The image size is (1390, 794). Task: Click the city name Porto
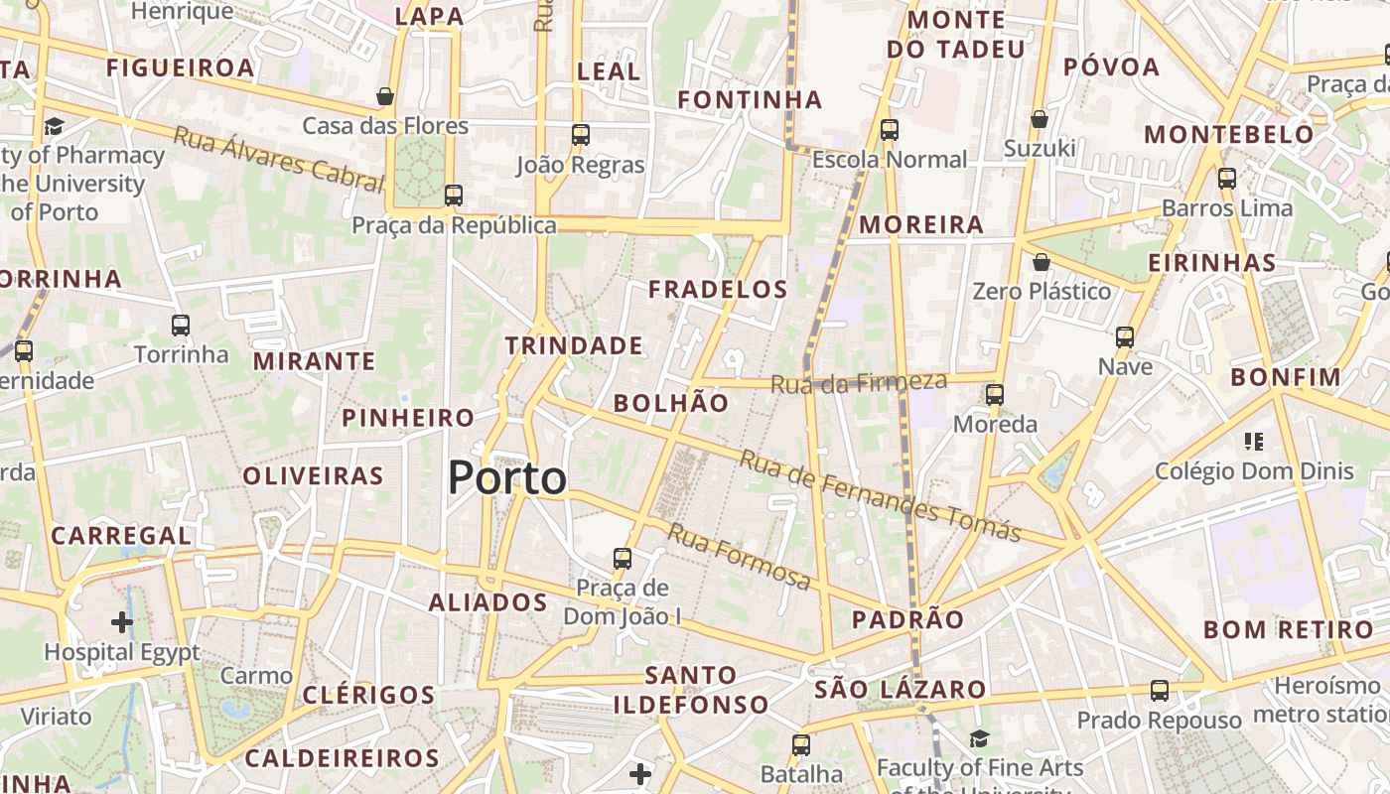coord(507,478)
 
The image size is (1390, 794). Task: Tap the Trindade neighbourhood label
coord(574,345)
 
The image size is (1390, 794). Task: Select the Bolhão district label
coord(671,403)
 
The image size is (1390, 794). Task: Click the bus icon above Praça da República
coord(454,196)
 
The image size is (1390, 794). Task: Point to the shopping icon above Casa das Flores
coord(385,96)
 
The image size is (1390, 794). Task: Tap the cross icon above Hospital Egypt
coord(122,622)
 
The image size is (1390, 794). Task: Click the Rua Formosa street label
coord(739,556)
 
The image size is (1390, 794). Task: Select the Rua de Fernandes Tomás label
coord(880,497)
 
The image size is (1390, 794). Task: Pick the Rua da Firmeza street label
coord(859,382)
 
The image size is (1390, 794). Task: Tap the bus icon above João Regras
coord(580,134)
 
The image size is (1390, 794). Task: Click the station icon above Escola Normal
coord(890,130)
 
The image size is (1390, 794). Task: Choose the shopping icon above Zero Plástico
coord(1041,262)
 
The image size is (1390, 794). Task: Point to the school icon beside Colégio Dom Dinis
coord(1253,441)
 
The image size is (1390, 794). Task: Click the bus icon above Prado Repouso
coord(1159,690)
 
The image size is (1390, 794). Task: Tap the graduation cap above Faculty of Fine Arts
coord(980,738)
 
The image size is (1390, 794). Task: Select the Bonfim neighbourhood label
coord(1286,377)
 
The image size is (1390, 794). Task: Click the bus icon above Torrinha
coord(181,325)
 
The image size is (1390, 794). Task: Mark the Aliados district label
coord(487,602)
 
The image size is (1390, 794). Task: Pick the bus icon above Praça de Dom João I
coord(623,558)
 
